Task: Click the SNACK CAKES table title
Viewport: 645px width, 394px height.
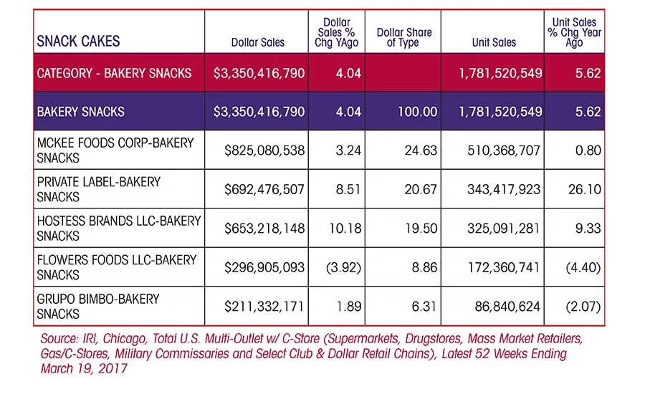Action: [x=78, y=41]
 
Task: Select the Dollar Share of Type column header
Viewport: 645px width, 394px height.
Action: [x=404, y=37]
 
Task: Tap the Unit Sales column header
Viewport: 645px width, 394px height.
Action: [x=494, y=42]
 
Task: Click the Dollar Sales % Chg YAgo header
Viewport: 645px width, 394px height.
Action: [x=337, y=32]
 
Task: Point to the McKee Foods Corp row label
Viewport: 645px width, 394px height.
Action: [x=115, y=150]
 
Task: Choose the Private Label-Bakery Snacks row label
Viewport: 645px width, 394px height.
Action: [x=99, y=189]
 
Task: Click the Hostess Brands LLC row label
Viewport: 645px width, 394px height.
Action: [x=119, y=229]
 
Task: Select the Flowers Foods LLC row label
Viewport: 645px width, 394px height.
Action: [x=117, y=267]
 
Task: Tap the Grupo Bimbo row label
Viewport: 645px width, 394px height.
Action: [x=98, y=307]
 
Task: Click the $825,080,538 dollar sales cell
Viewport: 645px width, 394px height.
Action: [x=264, y=150]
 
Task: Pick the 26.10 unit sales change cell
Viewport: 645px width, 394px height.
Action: [x=585, y=189]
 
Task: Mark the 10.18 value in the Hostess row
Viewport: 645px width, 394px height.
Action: [x=345, y=229]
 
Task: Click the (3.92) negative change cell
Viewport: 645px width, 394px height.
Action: [x=343, y=268]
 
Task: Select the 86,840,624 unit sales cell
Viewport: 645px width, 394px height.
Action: [x=507, y=307]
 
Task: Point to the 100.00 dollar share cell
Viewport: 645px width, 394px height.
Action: [x=417, y=112]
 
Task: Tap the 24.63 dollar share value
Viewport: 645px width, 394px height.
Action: [x=421, y=150]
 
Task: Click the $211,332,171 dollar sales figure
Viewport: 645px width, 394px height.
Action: [x=264, y=307]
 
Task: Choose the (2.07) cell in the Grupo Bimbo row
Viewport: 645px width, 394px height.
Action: [x=583, y=307]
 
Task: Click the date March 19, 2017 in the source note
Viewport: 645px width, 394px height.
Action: [x=84, y=368]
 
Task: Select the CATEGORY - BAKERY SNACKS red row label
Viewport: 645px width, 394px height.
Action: [x=114, y=73]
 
